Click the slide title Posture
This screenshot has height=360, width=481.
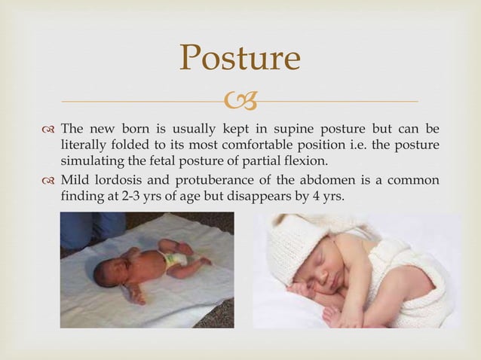240,59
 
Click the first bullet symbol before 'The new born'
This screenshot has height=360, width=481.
49,128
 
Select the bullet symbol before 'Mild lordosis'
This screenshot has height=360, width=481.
49,180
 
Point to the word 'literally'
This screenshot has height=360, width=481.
82,145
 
